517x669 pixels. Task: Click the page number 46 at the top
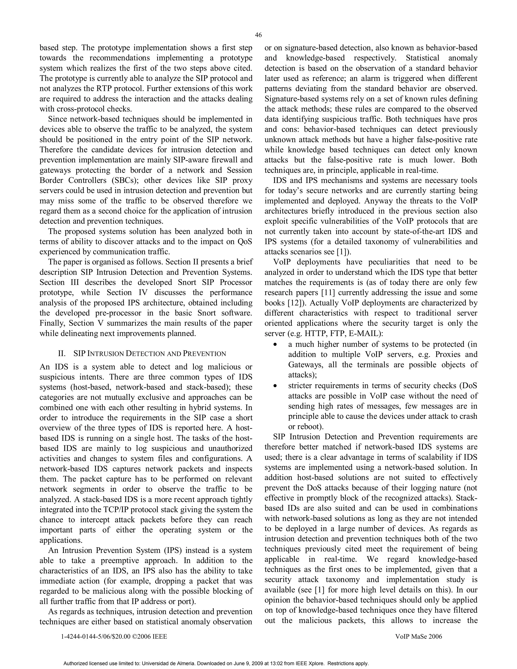click(258, 35)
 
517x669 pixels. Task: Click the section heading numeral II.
click(62, 353)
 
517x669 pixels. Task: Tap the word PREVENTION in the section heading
click(204, 353)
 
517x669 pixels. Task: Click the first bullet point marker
click(275, 345)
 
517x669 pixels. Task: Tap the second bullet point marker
click(275, 386)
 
